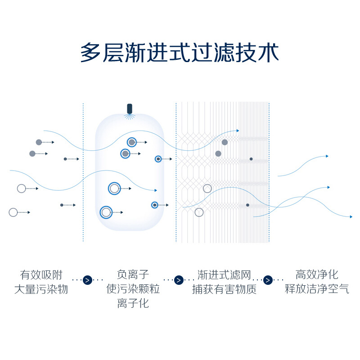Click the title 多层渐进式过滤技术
(180, 53)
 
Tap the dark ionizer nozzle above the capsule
(130, 109)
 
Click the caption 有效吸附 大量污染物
(41, 282)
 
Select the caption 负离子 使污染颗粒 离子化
(133, 289)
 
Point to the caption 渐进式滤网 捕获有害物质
(224, 282)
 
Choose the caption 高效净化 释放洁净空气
(317, 282)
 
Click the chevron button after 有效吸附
(87, 280)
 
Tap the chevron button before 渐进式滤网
(179, 280)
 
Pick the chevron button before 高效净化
(268, 280)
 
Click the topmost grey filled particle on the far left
(39, 142)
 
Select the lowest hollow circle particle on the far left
(13, 212)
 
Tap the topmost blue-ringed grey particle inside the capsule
(132, 142)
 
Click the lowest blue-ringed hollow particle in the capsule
(106, 212)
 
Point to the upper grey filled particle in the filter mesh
(225, 142)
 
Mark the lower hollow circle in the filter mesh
(199, 212)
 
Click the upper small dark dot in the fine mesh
(251, 159)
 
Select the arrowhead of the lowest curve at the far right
(351, 217)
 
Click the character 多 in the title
(90, 53)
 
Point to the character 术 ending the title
(268, 53)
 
